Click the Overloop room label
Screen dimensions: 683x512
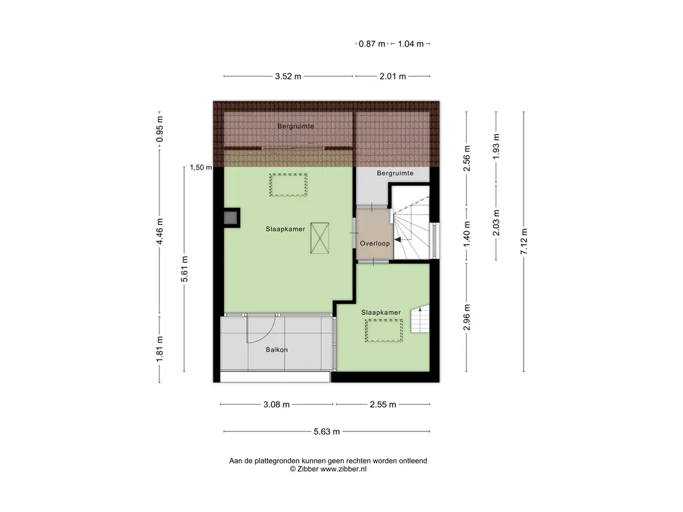(x=375, y=243)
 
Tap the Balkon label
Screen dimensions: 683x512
(x=277, y=349)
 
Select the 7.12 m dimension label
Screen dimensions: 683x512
(x=524, y=241)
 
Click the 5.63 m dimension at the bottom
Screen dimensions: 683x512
(x=327, y=431)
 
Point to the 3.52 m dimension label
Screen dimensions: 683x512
(x=288, y=76)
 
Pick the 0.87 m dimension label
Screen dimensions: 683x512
(x=372, y=43)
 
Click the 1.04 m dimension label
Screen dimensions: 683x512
(x=411, y=43)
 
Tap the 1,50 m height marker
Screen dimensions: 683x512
(x=201, y=167)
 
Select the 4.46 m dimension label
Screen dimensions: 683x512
(x=160, y=231)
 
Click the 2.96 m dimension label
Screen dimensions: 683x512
(x=467, y=317)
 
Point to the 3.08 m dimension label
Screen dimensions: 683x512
(x=277, y=405)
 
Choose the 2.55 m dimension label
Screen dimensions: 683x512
(x=383, y=405)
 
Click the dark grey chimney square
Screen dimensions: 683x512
(x=230, y=218)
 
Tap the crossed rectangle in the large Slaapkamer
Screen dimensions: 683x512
(x=319, y=238)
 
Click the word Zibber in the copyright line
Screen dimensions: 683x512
(x=308, y=469)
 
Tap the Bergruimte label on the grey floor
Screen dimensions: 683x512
(x=395, y=173)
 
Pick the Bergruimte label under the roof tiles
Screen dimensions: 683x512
(x=295, y=126)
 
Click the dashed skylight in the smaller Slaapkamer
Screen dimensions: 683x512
(x=384, y=331)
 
